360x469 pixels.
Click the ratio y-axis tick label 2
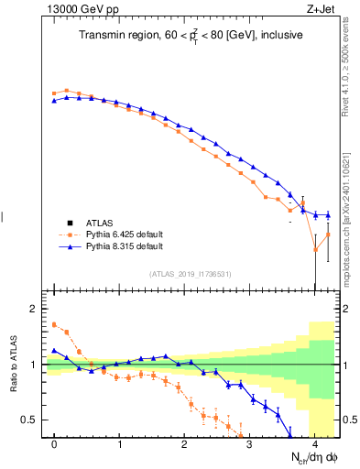33,309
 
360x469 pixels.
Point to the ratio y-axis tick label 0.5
29,420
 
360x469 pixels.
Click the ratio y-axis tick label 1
33,365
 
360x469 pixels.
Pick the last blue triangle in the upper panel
327,215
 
